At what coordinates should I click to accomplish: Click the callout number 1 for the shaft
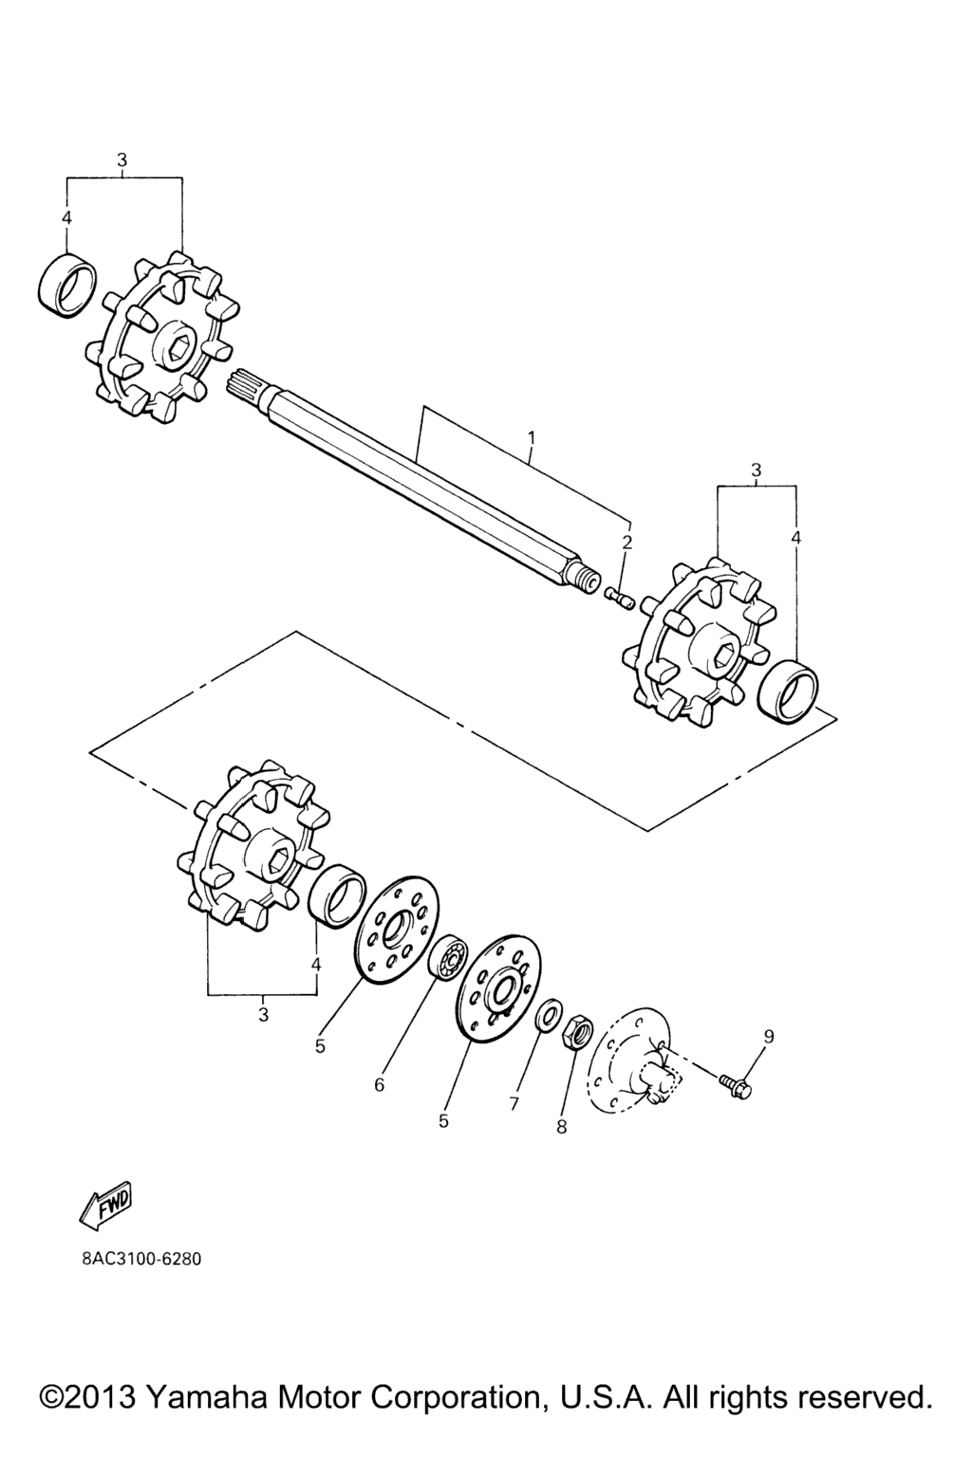(532, 437)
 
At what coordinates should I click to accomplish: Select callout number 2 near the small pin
(626, 543)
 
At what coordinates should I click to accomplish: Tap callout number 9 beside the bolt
(769, 1037)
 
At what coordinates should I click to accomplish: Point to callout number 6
(380, 1084)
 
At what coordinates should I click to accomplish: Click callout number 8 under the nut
(562, 1127)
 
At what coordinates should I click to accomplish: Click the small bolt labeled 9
(736, 1085)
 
